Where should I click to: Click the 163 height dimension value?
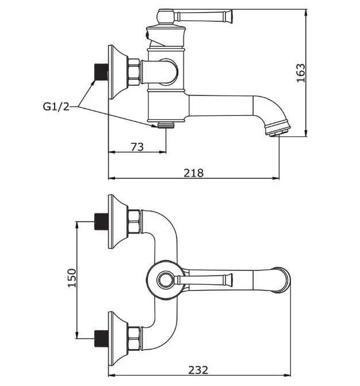[x=300, y=73]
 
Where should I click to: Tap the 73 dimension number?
[x=137, y=147]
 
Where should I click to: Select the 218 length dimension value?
[x=194, y=172]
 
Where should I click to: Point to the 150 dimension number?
[x=72, y=278]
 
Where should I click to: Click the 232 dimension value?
[x=198, y=369]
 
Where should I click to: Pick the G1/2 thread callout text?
[x=56, y=106]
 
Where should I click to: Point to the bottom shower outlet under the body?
[x=165, y=124]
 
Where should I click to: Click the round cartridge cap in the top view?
[x=165, y=281]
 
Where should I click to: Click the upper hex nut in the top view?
[x=134, y=222]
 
